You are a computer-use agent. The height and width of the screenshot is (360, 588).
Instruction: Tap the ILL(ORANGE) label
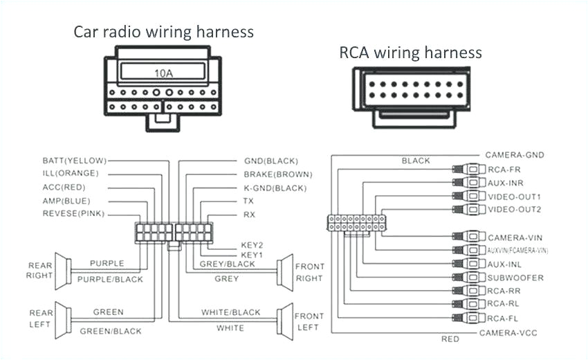tap(71, 173)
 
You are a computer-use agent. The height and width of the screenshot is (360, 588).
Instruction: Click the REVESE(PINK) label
tap(73, 213)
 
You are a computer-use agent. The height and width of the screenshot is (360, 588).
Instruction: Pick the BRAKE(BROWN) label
tap(277, 174)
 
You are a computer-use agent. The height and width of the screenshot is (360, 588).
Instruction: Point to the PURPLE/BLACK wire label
tap(110, 279)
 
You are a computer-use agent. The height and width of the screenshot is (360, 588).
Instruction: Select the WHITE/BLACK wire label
tap(231, 312)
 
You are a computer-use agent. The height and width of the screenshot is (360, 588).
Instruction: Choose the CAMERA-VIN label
tap(516, 237)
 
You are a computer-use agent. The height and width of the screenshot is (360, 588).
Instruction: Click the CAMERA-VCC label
tap(508, 333)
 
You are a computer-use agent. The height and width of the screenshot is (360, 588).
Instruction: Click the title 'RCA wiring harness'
tap(410, 53)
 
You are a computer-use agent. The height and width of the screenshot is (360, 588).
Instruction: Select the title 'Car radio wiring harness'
tap(164, 32)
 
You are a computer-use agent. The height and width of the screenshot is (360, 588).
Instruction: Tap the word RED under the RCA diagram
tap(450, 339)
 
